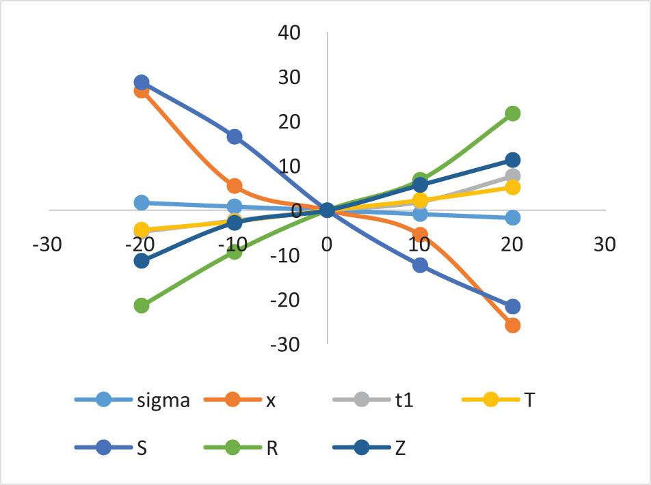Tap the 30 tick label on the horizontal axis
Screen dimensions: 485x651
pos(604,244)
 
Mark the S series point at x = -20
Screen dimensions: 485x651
pos(142,83)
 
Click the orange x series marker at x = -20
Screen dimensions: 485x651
pos(142,91)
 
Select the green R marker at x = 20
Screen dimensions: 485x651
pos(512,113)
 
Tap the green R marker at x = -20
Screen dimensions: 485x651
pos(142,305)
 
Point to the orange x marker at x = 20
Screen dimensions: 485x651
pos(512,325)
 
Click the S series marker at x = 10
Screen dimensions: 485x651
pos(420,265)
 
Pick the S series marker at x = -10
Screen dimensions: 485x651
pos(235,137)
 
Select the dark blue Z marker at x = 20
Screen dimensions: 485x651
pos(512,160)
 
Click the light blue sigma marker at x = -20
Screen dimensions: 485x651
pos(142,202)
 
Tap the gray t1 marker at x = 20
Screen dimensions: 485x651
pos(512,176)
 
